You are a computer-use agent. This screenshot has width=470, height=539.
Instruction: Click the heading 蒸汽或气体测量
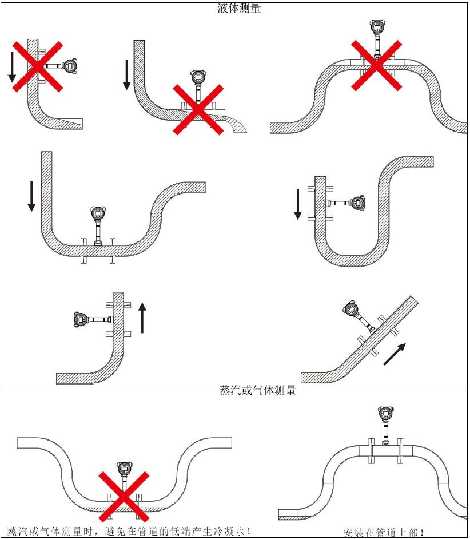tap(258, 391)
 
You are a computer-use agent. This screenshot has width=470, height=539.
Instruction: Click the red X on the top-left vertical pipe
tap(37, 66)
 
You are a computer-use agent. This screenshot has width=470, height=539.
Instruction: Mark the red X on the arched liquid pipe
tap(376, 65)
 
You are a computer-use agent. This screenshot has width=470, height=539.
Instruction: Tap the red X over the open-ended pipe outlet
tap(198, 110)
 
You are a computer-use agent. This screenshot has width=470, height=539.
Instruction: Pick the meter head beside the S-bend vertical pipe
tap(357, 202)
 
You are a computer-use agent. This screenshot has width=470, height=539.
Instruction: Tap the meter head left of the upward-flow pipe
tap(82, 318)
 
